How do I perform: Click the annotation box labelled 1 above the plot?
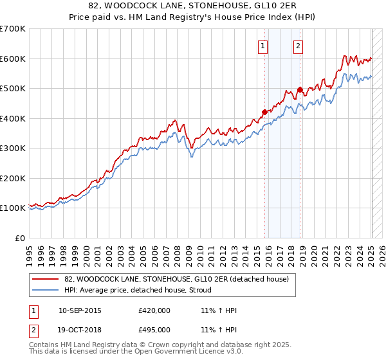(x=264, y=46)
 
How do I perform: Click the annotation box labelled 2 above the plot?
(x=299, y=46)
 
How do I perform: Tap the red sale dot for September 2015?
(x=264, y=112)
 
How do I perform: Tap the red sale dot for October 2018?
(x=300, y=89)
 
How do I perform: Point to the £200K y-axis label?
(x=14, y=178)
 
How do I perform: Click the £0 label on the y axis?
(x=21, y=238)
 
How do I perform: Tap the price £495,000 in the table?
(x=154, y=330)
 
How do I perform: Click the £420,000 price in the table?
(x=154, y=310)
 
